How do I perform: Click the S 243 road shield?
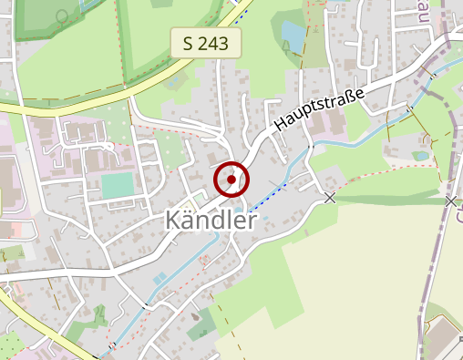[206, 42]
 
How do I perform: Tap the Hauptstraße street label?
[319, 108]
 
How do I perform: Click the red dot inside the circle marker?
[231, 180]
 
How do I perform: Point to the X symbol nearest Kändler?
[330, 197]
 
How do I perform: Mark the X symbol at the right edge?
[451, 200]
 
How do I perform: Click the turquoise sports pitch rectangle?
[117, 185]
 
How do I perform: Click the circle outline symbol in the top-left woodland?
[62, 15]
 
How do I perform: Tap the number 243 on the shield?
[216, 42]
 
